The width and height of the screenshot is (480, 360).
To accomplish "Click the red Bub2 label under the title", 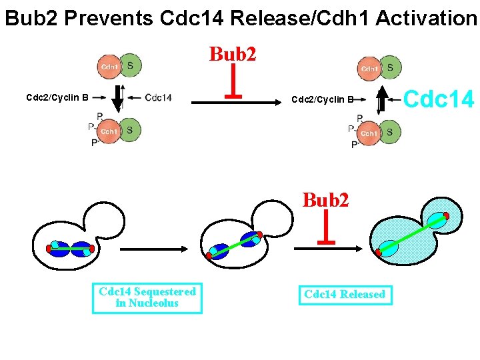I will click(233, 54).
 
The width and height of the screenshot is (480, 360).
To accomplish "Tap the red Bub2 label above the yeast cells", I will click(325, 199).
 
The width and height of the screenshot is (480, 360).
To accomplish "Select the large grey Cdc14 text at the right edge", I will click(439, 100).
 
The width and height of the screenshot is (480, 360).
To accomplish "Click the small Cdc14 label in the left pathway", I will click(158, 98).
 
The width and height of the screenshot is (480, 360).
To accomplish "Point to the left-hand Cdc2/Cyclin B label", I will click(57, 97).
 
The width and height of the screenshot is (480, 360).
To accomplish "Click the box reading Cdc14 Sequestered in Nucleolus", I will click(147, 297).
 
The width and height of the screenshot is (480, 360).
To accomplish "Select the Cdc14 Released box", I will click(344, 295).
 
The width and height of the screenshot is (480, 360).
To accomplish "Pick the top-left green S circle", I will click(130, 65).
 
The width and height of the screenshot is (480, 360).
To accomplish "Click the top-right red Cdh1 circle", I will click(369, 69).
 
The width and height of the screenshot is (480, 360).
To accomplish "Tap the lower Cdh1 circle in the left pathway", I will click(109, 131).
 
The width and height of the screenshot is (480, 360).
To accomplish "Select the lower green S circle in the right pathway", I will click(389, 133).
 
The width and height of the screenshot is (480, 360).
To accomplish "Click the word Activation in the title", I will click(426, 18).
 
